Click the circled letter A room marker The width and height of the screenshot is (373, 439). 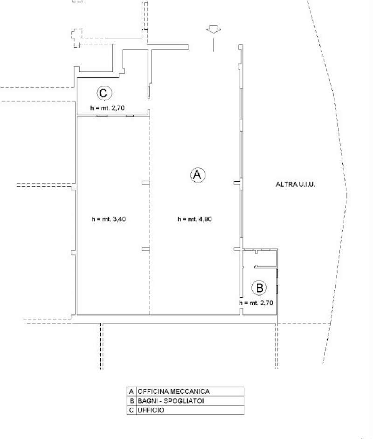197,175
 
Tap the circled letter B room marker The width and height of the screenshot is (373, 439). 259,288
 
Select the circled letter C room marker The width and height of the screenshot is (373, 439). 104,93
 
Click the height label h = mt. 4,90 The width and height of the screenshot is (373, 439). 194,219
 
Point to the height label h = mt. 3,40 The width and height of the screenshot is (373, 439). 109,219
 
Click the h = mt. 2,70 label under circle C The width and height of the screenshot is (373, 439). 107,108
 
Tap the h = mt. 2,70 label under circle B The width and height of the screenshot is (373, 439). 256,302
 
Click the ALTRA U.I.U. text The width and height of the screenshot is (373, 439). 295,184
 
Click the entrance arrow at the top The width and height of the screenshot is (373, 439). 214,30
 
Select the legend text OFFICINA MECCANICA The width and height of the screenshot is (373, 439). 173,391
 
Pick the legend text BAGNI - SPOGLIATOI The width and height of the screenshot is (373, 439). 171,401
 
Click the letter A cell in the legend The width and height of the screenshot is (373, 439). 131,391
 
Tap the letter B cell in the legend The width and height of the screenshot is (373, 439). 131,401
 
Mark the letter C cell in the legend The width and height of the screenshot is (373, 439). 131,410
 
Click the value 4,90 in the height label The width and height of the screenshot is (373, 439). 205,219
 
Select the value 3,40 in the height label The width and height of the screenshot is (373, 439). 119,219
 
